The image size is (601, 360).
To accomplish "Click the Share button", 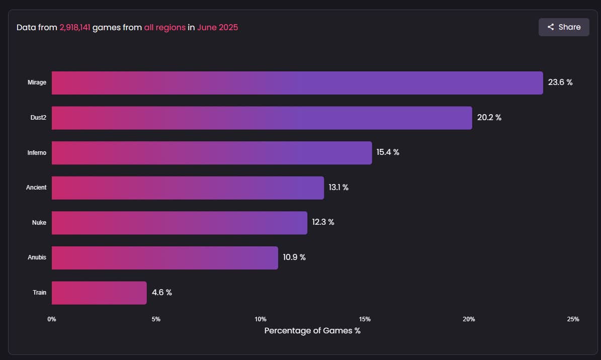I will coord(563,27).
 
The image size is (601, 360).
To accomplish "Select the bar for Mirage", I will coord(297,83).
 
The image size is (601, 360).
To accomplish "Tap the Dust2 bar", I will coord(262,118).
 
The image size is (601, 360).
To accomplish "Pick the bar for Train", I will coord(99,293).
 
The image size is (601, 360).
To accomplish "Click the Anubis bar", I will coord(164,257).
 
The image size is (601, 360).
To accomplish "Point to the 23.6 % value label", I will coord(560,82).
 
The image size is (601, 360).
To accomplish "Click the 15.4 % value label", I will coord(388,152).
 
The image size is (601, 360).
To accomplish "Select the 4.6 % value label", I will coord(162,293).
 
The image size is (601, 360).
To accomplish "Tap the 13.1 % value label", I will coord(338,188).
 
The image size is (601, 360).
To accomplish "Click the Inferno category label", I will coord(37,153).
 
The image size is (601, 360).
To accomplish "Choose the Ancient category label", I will coord(36,188).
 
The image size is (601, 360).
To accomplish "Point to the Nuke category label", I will coord(39,222).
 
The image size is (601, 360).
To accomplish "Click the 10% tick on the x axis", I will coord(261,319).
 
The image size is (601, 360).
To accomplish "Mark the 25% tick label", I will coord(573,319).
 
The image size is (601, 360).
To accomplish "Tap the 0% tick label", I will coord(52,319).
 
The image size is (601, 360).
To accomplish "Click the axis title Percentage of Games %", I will coord(312,331).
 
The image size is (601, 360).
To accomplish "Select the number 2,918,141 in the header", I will coord(75,27).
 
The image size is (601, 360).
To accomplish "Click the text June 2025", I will coord(217,27).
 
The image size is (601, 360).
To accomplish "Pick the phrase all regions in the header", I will coord(164,27).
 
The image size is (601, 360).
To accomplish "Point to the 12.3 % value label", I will coord(323,222).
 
